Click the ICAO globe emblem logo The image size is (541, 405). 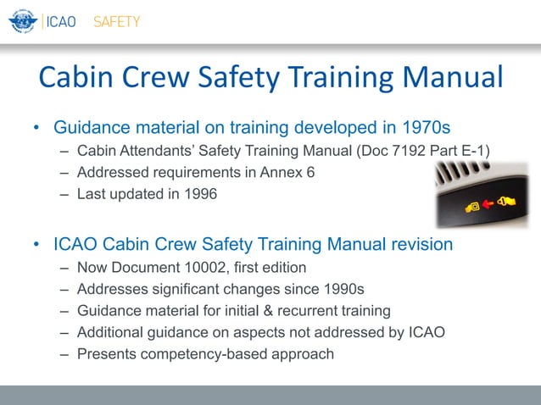click(22, 21)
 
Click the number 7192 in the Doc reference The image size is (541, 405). click(396, 153)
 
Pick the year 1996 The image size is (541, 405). click(199, 193)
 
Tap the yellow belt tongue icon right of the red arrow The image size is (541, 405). click(506, 202)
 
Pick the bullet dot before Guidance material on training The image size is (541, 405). click(36, 129)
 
